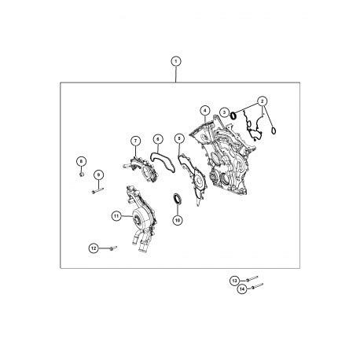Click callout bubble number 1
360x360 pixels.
[x=176, y=61]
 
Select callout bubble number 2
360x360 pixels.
[x=263, y=101]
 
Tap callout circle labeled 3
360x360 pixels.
[x=224, y=112]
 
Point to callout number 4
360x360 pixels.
[x=205, y=111]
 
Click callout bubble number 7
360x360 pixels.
[x=135, y=141]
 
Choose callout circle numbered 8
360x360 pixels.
[x=81, y=161]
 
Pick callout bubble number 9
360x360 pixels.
[x=98, y=174]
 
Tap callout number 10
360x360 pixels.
[x=178, y=220]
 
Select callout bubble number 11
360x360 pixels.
[x=116, y=216]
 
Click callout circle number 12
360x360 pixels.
[x=94, y=248]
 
